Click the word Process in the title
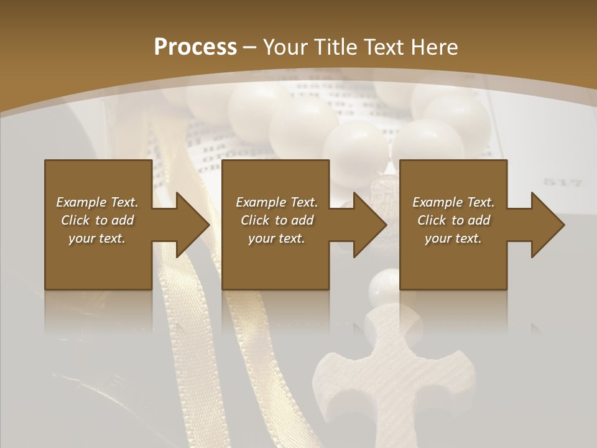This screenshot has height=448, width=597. coord(195,47)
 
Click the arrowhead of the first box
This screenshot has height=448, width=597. coord(193,225)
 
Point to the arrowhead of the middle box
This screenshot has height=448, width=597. coord(370,225)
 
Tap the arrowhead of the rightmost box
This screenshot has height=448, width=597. coord(548,225)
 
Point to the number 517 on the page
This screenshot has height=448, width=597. coord(562,183)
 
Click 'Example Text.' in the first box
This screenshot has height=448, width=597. coord(97,202)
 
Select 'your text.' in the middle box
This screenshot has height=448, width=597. coord(276,238)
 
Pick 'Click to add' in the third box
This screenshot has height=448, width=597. coord(453,220)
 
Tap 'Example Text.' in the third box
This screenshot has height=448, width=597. coord(453,202)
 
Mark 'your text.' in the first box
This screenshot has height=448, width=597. coord(97,238)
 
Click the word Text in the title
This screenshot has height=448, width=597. coord(380,47)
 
